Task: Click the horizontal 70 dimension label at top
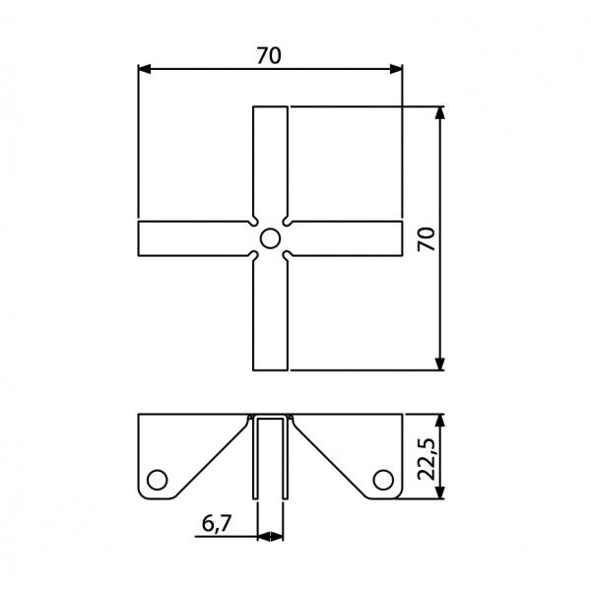tap(269, 56)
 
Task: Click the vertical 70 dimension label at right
tap(427, 239)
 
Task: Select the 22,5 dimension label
tap(427, 459)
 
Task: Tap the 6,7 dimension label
tap(217, 524)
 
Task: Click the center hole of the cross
tap(270, 238)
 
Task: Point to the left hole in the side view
tap(158, 480)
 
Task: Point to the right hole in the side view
tap(383, 480)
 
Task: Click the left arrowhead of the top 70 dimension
tap(145, 69)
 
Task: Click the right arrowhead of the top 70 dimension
tap(396, 69)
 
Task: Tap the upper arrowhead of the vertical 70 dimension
tap(440, 113)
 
